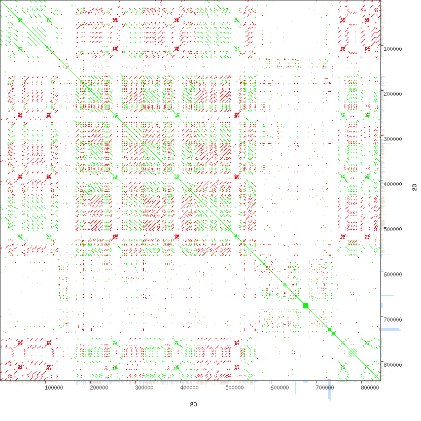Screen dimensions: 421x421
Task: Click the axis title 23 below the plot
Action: pos(193,404)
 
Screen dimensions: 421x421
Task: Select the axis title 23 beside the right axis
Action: pos(414,188)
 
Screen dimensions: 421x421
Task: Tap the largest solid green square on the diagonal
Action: pos(306,305)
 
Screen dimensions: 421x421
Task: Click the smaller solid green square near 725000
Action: pos(330,330)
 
